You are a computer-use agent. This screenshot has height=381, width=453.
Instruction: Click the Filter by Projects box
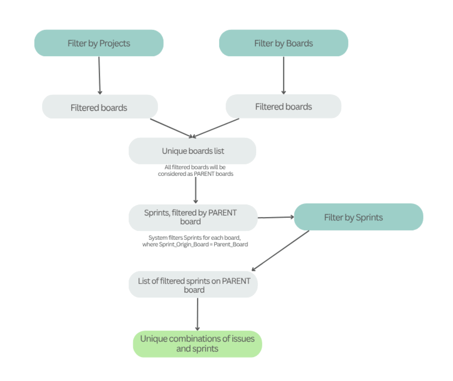[x=99, y=43]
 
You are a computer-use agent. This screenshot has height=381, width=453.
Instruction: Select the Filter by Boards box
[x=284, y=43]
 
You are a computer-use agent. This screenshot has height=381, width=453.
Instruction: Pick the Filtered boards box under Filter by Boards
[x=283, y=106]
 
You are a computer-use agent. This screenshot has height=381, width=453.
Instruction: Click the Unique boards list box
[x=192, y=151]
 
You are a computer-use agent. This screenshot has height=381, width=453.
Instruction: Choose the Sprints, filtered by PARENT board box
[x=193, y=217]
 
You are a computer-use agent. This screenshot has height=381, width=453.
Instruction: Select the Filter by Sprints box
[x=358, y=217]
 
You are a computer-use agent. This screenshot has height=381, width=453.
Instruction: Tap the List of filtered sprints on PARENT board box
[x=193, y=285]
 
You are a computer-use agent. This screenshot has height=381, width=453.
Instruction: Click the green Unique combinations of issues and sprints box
[x=197, y=344]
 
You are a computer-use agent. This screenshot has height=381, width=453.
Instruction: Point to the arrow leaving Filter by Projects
[x=99, y=75]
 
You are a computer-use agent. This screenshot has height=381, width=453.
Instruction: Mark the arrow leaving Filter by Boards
[x=284, y=75]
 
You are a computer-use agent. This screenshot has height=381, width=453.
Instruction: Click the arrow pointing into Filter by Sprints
[x=276, y=217]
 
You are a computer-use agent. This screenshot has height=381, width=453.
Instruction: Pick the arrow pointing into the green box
[x=197, y=314]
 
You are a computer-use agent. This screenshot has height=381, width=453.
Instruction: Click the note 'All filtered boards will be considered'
[x=195, y=170]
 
